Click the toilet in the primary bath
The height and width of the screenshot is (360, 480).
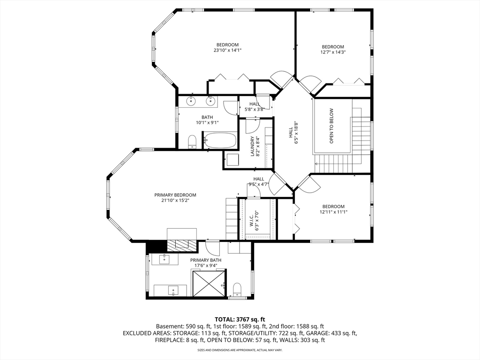pyautogui.click(x=237, y=290)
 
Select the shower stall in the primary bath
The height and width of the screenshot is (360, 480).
pyautogui.click(x=210, y=283)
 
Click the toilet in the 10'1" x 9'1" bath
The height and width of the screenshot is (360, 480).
pyautogui.click(x=192, y=142)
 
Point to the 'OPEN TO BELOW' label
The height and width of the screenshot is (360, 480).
pyautogui.click(x=331, y=126)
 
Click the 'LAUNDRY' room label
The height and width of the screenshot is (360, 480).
pyautogui.click(x=253, y=146)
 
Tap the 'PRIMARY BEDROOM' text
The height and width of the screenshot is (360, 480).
pyautogui.click(x=175, y=195)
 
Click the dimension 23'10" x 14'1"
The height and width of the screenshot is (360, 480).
pyautogui.click(x=227, y=50)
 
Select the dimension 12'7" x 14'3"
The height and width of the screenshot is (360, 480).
pyautogui.click(x=333, y=52)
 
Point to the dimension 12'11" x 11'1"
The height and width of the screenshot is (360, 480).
pyautogui.click(x=333, y=212)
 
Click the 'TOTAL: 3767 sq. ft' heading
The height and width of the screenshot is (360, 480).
pyautogui.click(x=240, y=320)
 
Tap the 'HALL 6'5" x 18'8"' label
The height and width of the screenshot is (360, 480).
pyautogui.click(x=293, y=133)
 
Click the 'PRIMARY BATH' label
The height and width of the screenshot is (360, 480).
pyautogui.click(x=206, y=260)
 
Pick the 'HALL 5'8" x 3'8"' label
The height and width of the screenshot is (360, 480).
pyautogui.click(x=255, y=106)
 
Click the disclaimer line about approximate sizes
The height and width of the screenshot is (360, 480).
pyautogui.click(x=240, y=350)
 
